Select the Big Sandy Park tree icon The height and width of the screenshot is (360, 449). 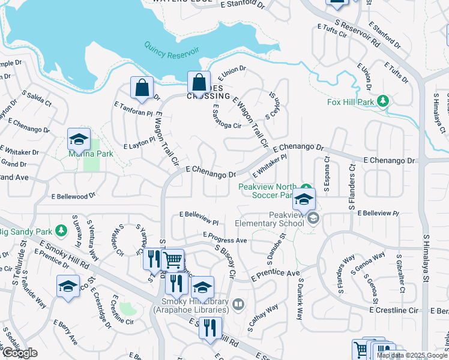point(61,230)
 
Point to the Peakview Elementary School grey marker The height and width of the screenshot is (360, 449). point(313,220)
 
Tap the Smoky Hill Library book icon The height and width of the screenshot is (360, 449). point(238,305)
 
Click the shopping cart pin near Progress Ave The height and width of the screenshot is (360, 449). point(173,260)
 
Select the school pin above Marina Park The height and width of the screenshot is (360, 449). point(79,139)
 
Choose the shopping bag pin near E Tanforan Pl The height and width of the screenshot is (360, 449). point(142,88)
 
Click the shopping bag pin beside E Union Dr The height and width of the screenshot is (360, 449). point(199,83)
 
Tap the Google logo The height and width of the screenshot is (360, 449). point(20,353)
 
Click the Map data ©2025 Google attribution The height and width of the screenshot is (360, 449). point(412,355)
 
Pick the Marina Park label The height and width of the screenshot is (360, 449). point(87,154)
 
